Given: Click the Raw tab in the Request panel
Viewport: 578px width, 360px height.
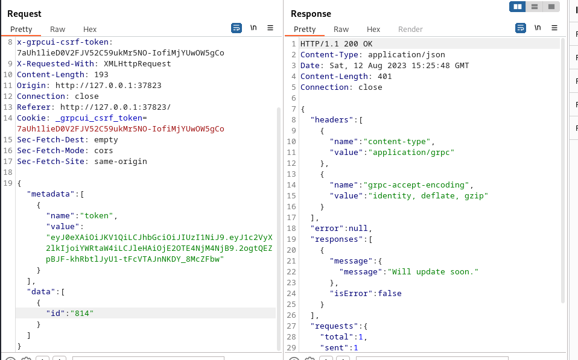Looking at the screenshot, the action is click(x=57, y=29).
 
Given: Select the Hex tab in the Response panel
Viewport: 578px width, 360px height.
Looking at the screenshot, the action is click(x=373, y=29).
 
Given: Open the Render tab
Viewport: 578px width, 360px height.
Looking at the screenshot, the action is click(x=410, y=29).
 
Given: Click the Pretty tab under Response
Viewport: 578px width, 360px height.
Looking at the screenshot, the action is click(x=305, y=29).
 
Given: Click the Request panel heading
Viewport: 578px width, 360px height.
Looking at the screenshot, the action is click(x=24, y=14).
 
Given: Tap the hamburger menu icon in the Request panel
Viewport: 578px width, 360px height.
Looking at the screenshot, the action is click(x=270, y=28).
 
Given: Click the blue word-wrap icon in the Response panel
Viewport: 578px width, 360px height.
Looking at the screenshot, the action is click(x=521, y=28).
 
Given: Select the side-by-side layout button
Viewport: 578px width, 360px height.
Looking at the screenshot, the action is click(x=518, y=7).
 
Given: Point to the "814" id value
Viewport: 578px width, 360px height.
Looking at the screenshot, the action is click(x=82, y=313).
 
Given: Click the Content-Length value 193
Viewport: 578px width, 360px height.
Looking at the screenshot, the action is click(x=101, y=74).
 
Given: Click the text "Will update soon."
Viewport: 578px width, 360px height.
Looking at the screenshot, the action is click(x=433, y=271).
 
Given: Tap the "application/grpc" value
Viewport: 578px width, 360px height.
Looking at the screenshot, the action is click(x=411, y=152).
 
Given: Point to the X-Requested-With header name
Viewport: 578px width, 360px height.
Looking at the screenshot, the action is click(x=56, y=64).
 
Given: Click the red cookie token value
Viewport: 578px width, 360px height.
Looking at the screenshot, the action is click(x=121, y=129).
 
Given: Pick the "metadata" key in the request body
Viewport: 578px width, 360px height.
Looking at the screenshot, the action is click(x=51, y=194).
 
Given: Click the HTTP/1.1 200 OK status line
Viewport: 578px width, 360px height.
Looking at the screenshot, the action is click(x=336, y=44).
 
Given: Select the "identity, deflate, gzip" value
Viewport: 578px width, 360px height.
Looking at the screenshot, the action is click(x=428, y=195).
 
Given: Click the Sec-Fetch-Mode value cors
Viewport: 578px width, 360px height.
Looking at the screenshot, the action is click(x=104, y=150).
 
